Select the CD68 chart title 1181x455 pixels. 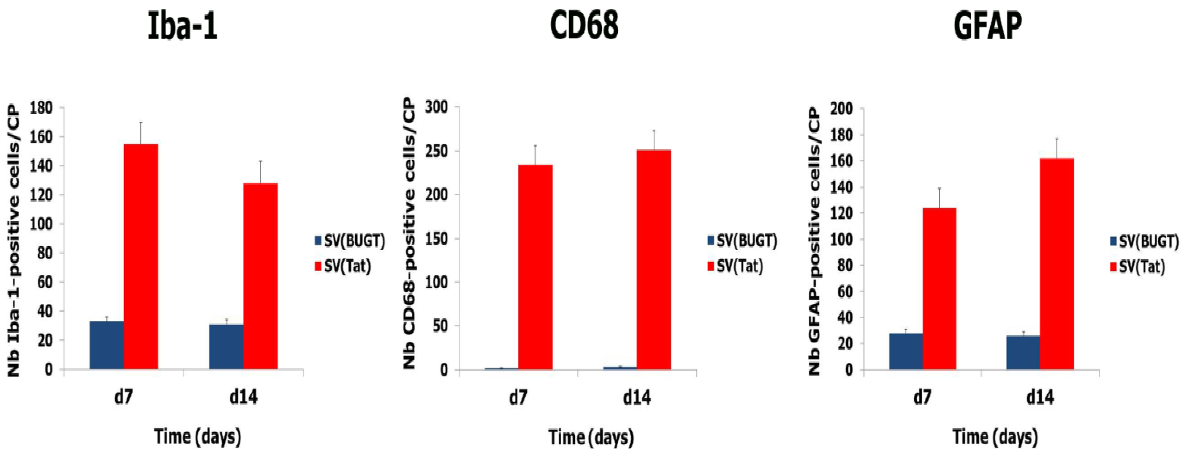[x=584, y=25]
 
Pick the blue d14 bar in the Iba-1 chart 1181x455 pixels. [x=226, y=347]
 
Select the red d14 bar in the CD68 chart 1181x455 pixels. [x=654, y=259]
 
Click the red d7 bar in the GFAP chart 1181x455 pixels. [x=939, y=289]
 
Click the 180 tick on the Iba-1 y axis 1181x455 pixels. [x=41, y=108]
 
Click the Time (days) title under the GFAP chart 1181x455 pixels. [x=995, y=437]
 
